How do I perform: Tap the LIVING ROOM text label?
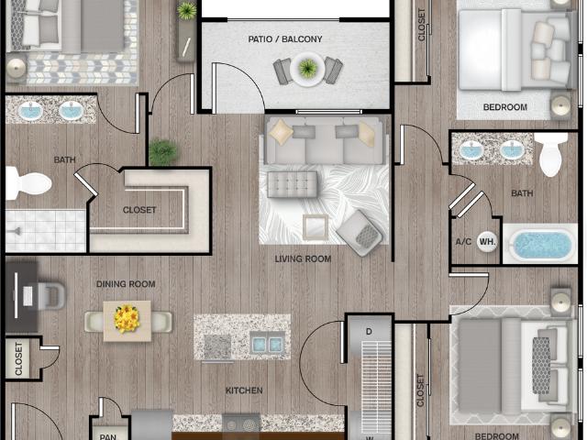coord(303,259)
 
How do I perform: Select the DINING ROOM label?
coord(126,285)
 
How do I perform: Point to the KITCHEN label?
coord(244,390)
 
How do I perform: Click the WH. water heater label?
coord(487,243)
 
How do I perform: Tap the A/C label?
coord(463,243)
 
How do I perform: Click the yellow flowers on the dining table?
coord(127,320)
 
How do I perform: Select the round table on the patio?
coord(307,69)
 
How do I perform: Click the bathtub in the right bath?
coord(544,245)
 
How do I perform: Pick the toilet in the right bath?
coord(550,155)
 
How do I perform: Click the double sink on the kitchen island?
coord(267,344)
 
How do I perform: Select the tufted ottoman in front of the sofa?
coord(292,185)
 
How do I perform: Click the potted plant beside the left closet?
coord(162,152)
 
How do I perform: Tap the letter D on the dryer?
coord(369,330)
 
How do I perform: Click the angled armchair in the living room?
coord(360,233)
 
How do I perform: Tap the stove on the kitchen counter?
coord(241,424)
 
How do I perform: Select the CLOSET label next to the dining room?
coord(18,359)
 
